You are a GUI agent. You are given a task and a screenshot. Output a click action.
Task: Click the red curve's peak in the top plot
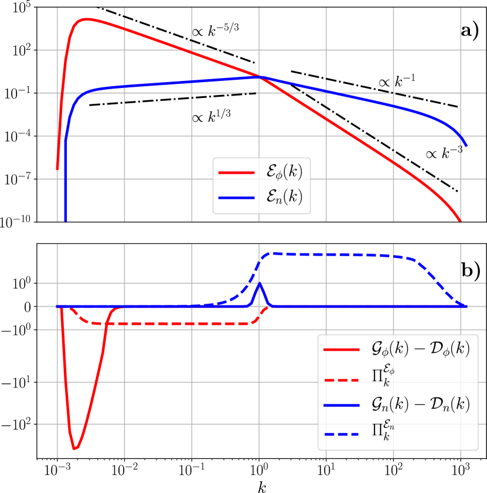point(87,19)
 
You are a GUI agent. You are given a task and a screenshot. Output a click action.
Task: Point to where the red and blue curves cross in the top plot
point(260,77)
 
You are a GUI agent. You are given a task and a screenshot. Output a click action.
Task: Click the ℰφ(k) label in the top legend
point(284,172)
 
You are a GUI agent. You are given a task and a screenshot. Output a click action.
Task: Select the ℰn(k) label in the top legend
point(284,198)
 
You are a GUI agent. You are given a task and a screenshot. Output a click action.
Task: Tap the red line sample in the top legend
point(236,173)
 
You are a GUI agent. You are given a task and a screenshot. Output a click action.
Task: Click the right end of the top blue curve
point(466,145)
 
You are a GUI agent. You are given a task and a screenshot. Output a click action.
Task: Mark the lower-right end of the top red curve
point(460,220)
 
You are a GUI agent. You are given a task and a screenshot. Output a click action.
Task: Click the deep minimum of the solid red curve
point(74,449)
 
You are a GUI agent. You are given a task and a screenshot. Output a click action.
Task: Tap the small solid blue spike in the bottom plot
point(260,284)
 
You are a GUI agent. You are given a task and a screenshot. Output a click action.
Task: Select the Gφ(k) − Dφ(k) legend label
point(420,349)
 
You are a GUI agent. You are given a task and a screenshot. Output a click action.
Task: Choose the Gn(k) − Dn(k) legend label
point(420,404)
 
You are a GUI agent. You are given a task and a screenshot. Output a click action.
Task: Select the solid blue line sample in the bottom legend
point(341,404)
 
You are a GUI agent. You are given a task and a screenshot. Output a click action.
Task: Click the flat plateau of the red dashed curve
point(176,324)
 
